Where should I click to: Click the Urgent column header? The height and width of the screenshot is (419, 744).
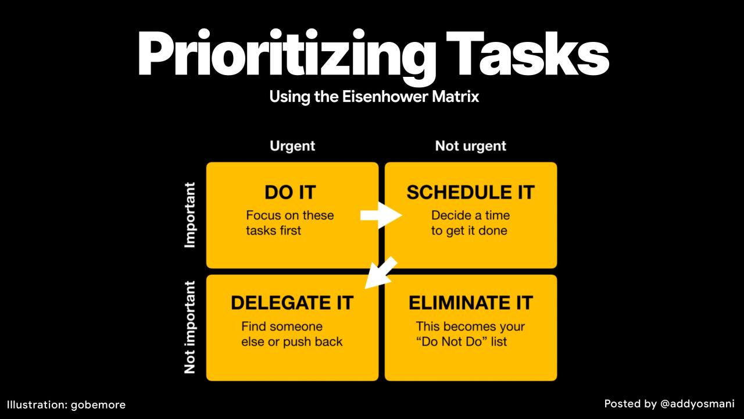(x=292, y=146)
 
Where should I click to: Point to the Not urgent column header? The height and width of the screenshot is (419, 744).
(x=470, y=146)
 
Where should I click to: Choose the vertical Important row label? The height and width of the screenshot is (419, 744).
(x=190, y=215)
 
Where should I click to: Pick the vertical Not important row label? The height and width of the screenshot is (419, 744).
(x=190, y=328)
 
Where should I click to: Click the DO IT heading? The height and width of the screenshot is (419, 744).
(x=290, y=193)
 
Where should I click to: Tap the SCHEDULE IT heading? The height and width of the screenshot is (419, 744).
(x=470, y=193)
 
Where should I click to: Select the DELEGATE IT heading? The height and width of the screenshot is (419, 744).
(x=292, y=303)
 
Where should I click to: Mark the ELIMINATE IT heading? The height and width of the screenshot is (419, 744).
(x=470, y=303)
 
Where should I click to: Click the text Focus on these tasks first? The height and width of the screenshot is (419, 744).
(x=289, y=223)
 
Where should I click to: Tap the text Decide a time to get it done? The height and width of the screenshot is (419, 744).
(x=470, y=223)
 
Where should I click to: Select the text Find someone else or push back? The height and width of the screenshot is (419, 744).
(x=291, y=334)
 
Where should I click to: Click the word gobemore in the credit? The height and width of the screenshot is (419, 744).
(x=98, y=404)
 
